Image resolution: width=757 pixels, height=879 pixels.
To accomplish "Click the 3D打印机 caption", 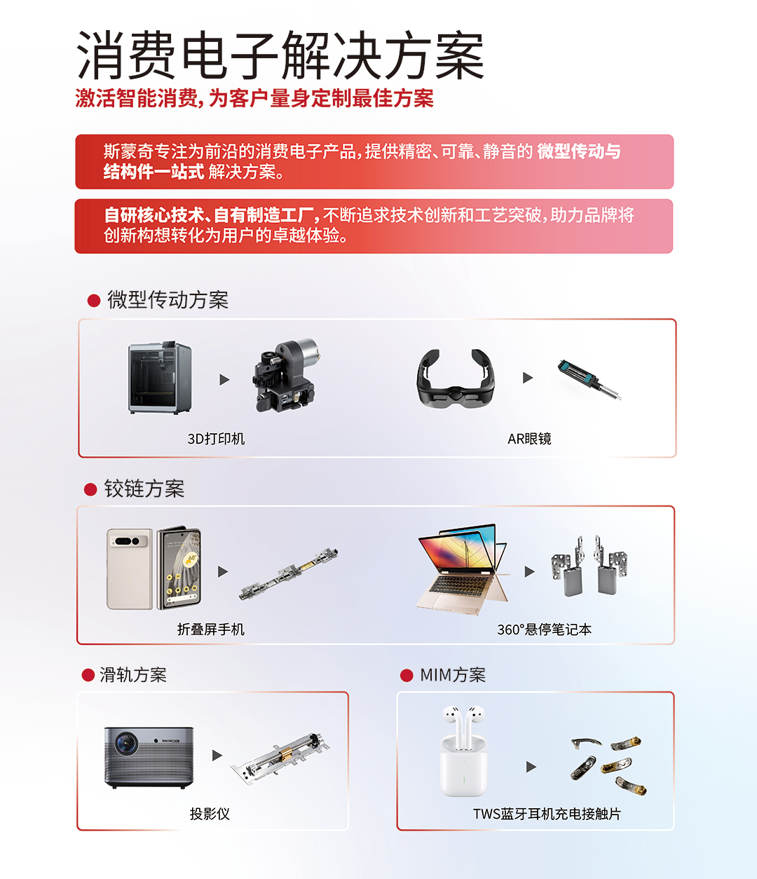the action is point(216,438).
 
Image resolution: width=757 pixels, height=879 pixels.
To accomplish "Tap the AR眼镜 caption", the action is point(529,438).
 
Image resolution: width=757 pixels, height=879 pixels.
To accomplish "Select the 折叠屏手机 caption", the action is point(210,629).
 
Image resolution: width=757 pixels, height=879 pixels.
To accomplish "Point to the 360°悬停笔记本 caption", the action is point(544,629).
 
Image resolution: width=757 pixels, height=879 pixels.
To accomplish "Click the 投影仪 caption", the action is point(210,814).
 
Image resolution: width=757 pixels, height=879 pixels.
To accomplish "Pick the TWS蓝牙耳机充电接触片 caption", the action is point(547,814).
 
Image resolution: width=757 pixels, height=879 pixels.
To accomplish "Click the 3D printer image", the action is point(160,377).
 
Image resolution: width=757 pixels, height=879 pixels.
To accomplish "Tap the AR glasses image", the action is point(456,379).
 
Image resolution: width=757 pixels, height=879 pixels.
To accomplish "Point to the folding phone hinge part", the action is point(289,573).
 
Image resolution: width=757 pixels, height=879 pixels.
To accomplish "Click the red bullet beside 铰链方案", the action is point(90,489).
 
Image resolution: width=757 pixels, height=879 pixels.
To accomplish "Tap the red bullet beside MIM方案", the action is point(407,675).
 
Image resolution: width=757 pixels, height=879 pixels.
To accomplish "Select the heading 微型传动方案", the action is point(168,300).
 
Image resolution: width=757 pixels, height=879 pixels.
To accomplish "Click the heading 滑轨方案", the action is point(133,675).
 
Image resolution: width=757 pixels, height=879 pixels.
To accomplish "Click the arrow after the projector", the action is point(217,755).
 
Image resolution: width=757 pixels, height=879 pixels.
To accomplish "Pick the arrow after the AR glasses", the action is point(527,378).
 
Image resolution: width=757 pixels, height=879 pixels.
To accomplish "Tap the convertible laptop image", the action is point(463,569).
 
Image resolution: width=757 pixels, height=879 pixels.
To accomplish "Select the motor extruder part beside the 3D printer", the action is point(285,376).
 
